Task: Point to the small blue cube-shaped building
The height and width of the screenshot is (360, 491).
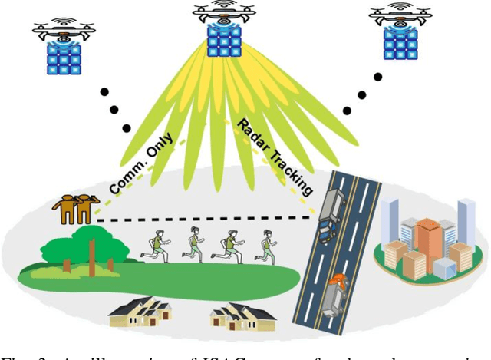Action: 443,268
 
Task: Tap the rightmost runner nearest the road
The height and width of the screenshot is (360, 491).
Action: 265,246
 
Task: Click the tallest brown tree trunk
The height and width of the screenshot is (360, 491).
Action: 92,257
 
